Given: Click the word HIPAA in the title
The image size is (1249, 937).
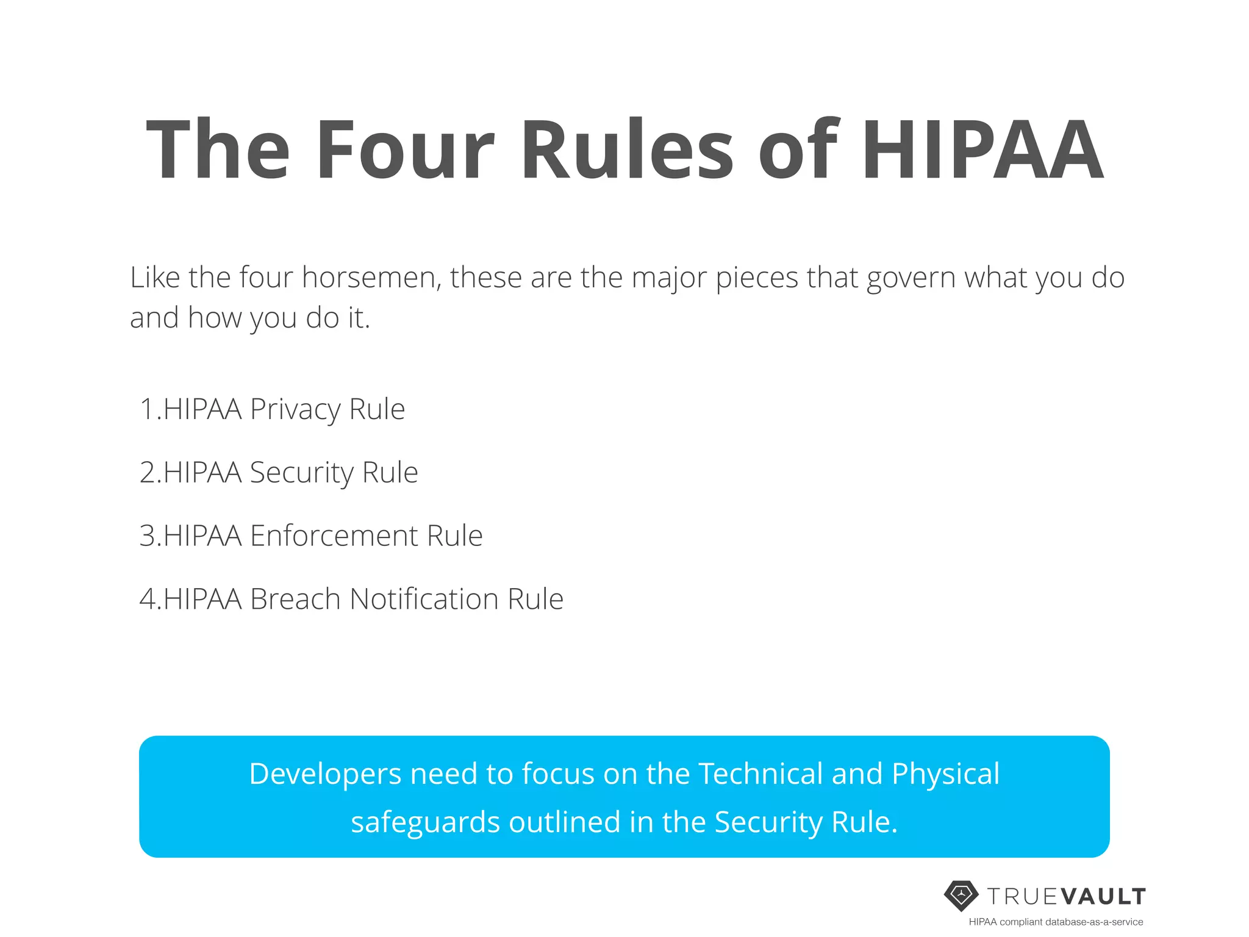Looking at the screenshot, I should pyautogui.click(x=981, y=150).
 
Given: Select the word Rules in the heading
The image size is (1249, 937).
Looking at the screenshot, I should pyautogui.click(x=628, y=150).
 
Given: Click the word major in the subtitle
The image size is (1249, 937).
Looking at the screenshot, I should pyautogui.click(x=669, y=279).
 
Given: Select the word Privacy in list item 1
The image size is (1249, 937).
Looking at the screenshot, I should pyautogui.click(x=295, y=409).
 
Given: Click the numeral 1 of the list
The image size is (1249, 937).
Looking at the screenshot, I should pyautogui.click(x=147, y=409).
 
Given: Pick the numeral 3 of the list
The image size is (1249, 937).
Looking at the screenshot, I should pyautogui.click(x=148, y=536).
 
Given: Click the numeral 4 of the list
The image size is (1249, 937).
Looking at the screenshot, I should pyautogui.click(x=148, y=599).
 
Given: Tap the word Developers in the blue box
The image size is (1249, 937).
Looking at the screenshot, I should pyautogui.click(x=325, y=774).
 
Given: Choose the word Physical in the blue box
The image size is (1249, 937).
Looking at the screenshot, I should pyautogui.click(x=945, y=774).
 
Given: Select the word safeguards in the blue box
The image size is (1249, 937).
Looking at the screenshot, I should pyautogui.click(x=425, y=823).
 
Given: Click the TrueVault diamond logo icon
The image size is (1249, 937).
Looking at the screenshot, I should pyautogui.click(x=961, y=896).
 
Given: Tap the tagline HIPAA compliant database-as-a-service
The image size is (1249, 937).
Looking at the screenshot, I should pyautogui.click(x=1056, y=922).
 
